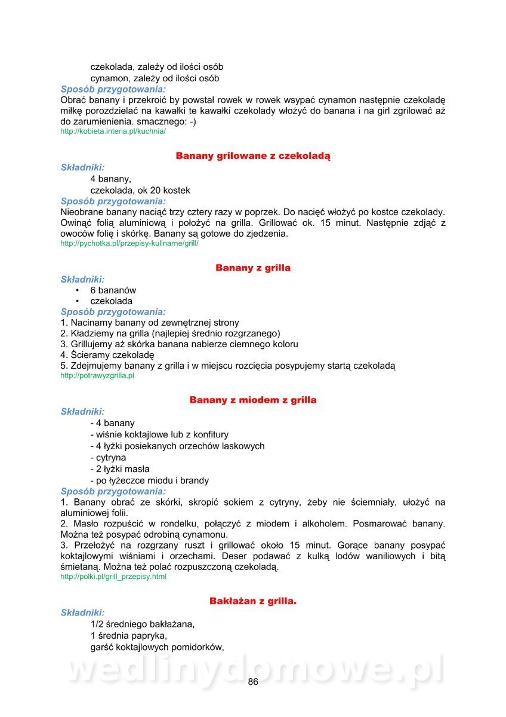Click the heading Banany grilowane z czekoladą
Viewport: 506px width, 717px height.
(x=253, y=156)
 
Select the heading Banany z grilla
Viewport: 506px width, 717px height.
(x=253, y=268)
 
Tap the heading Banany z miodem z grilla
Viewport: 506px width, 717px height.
(x=253, y=400)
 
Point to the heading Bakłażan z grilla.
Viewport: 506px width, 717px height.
(x=253, y=601)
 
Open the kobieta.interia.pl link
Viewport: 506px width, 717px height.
(x=113, y=131)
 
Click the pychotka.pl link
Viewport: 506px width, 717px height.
(x=129, y=244)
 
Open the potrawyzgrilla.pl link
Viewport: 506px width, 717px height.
(x=97, y=376)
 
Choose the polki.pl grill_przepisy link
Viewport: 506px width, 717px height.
(x=113, y=577)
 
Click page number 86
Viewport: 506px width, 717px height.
(x=253, y=682)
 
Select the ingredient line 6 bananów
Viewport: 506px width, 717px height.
(x=113, y=290)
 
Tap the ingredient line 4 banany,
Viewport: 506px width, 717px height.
(x=111, y=179)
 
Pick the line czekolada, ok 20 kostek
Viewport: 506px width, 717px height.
(x=140, y=191)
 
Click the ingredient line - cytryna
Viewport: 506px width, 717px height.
(x=108, y=458)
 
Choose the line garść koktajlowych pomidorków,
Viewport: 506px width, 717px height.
(x=157, y=646)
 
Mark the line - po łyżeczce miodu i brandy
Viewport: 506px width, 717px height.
(x=149, y=480)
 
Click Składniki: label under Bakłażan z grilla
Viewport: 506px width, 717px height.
(x=82, y=612)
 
